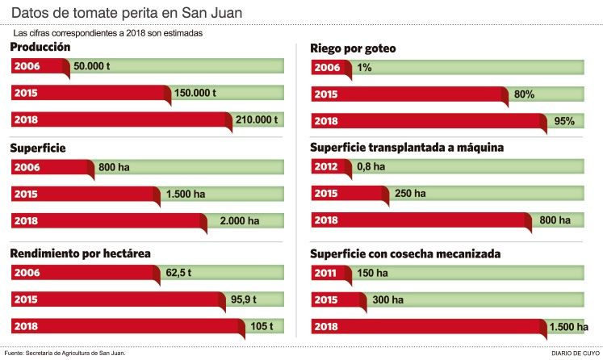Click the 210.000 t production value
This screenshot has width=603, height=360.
pyautogui.click(x=256, y=119)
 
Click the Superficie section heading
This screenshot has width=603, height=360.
pyautogui.click(x=37, y=148)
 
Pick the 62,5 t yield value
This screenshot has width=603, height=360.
pyautogui.click(x=178, y=273)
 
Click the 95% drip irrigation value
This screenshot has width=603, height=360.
pyautogui.click(x=564, y=121)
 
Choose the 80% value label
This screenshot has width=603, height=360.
pyautogui.click(x=524, y=94)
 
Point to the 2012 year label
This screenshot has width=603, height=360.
pyautogui.click(x=326, y=167)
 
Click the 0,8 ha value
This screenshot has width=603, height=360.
pyautogui.click(x=371, y=167)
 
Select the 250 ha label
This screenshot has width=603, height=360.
pyautogui.click(x=408, y=194)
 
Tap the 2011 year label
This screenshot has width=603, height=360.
pyautogui.click(x=326, y=273)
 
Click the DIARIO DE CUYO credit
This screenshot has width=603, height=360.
pyautogui.click(x=576, y=353)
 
